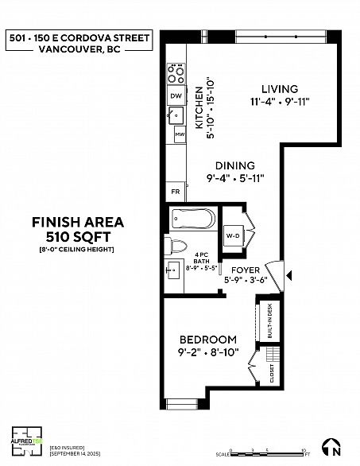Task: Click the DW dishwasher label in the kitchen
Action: click(176, 96)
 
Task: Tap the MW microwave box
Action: click(180, 135)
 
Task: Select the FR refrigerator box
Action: click(175, 192)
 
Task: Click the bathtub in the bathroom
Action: click(192, 218)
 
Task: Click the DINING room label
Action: click(234, 165)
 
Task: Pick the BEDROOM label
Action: click(207, 338)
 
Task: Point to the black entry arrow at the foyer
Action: click(288, 276)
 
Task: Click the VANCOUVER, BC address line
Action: click(77, 48)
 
